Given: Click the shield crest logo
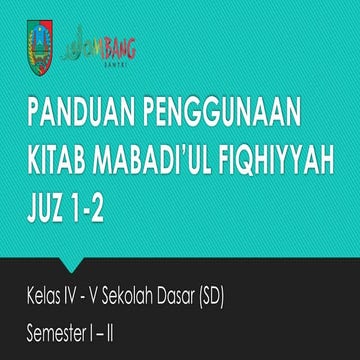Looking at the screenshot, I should [x=41, y=44].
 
